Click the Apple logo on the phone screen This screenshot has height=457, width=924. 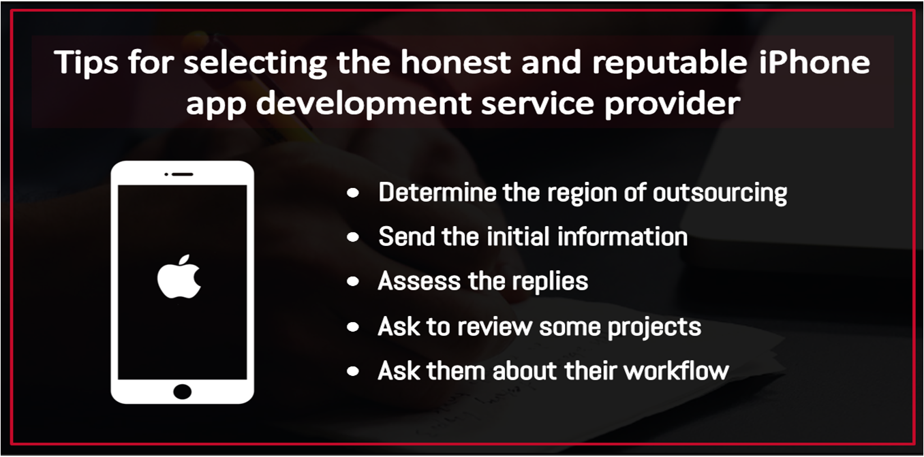pyautogui.click(x=179, y=277)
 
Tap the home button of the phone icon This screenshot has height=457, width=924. pyautogui.click(x=183, y=392)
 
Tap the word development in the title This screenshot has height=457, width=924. pyautogui.click(x=363, y=103)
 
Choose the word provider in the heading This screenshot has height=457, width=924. pyautogui.click(x=673, y=103)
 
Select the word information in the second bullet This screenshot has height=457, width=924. pyautogui.click(x=622, y=237)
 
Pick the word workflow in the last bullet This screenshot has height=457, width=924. pyautogui.click(x=677, y=371)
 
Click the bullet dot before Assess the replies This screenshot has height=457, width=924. pyautogui.click(x=353, y=282)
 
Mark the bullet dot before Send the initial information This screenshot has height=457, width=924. pyautogui.click(x=353, y=237)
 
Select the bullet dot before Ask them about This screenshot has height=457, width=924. pyautogui.click(x=353, y=371)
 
